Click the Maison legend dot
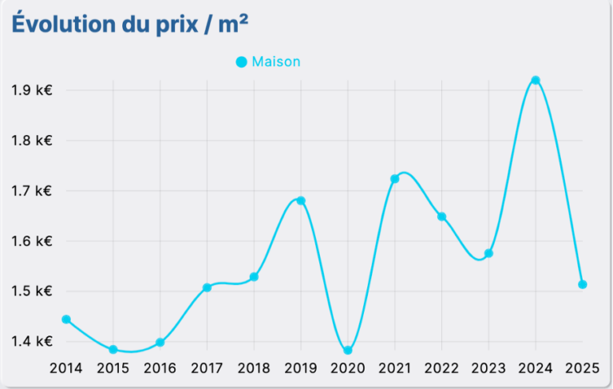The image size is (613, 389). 241,62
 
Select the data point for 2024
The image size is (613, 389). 536,80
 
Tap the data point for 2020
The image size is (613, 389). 348,351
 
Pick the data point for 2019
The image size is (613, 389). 301,200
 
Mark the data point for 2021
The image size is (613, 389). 394,179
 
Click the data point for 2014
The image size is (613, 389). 66,320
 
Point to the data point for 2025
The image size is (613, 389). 583,284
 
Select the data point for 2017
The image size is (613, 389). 207,288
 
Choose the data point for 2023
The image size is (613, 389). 488,253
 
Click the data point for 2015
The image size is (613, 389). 113,350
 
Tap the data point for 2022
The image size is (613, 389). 441,216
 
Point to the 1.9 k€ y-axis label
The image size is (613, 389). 32,90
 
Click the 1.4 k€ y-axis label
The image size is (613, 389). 32,342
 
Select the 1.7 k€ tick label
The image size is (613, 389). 32,191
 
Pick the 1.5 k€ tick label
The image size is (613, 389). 32,292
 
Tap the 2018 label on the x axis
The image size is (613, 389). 254,368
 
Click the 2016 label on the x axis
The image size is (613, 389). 160,368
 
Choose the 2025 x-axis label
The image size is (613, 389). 583,368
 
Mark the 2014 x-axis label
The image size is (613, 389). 66,368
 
